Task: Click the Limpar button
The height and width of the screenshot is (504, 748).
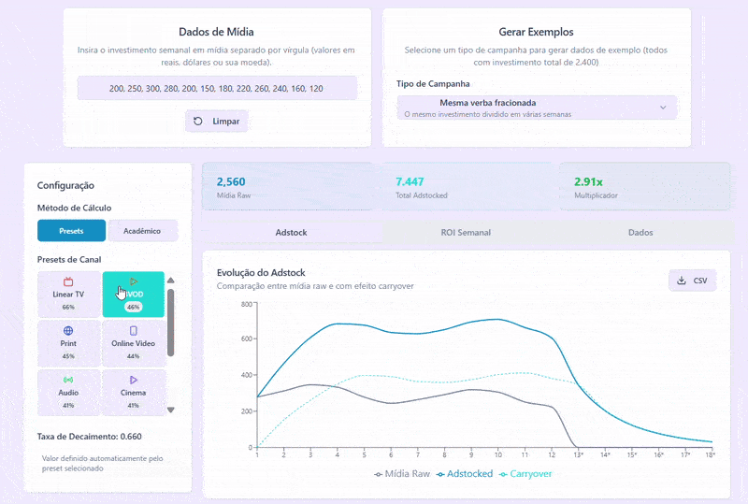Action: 217,122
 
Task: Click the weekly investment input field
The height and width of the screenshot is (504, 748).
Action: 217,88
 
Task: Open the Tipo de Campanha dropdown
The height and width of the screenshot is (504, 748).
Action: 537,108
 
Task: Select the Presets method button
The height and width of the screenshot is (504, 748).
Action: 71,230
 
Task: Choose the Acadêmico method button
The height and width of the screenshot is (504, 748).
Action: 143,230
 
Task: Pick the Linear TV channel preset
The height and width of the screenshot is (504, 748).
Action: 68,294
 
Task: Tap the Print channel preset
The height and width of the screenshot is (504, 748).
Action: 68,342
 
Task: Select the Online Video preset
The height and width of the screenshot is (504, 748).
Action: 133,342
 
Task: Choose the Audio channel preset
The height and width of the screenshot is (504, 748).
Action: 68,392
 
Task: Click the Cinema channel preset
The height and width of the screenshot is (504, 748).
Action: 133,392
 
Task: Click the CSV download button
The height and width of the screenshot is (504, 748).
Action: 692,281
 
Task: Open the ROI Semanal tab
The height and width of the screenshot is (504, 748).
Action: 466,232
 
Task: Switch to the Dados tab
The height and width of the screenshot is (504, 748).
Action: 640,232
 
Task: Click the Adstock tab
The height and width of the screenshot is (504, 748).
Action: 292,232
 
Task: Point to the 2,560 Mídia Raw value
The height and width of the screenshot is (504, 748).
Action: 231,181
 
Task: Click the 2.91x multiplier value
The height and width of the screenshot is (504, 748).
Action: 589,181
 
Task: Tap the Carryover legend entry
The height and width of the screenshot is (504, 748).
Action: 525,474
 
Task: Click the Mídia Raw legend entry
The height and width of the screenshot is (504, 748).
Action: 403,474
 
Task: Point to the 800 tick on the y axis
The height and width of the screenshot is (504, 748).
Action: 247,304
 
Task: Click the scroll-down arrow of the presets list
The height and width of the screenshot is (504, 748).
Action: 170,410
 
